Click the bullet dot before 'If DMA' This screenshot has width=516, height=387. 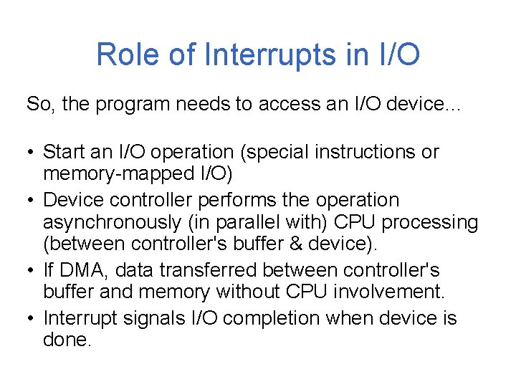(31, 271)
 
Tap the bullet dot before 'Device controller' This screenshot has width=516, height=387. (31, 200)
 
